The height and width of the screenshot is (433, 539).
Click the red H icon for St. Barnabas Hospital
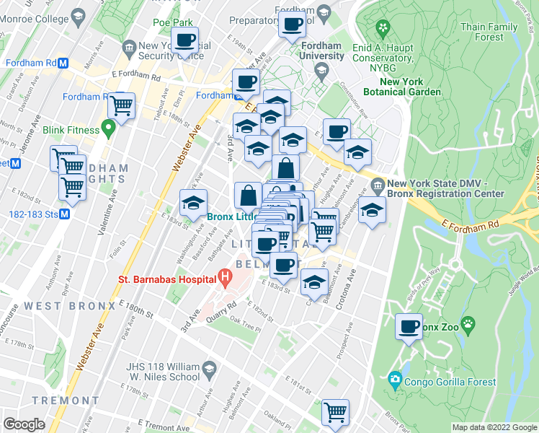226,276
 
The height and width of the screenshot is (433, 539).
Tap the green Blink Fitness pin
109,129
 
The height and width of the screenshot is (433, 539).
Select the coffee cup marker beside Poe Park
184,40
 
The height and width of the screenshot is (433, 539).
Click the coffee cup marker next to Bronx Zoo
409,327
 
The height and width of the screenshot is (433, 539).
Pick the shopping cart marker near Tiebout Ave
122,105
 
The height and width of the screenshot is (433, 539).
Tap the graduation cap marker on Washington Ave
193,204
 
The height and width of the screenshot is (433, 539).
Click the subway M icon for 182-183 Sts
64,214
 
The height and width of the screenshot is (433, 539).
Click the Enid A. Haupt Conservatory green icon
383,30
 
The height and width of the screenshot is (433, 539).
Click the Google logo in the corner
24,424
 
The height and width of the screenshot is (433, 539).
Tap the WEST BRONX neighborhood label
69,306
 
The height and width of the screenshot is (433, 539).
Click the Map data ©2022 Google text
494,427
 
